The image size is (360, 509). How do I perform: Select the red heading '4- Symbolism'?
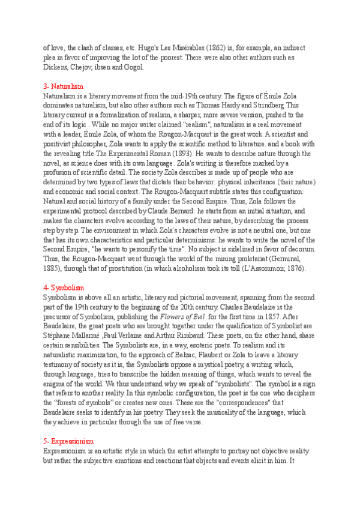64,288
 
